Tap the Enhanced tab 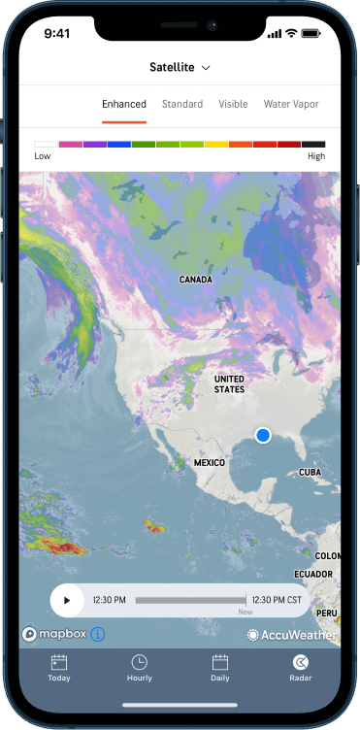pyautogui.click(x=124, y=104)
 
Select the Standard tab pyautogui.click(x=182, y=104)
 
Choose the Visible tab pyautogui.click(x=233, y=104)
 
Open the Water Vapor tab pyautogui.click(x=291, y=104)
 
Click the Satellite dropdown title pyautogui.click(x=180, y=67)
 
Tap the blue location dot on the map pyautogui.click(x=263, y=435)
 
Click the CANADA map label pyautogui.click(x=196, y=280)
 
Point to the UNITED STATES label pyautogui.click(x=229, y=383)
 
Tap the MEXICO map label pyautogui.click(x=209, y=463)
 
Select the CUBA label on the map pyautogui.click(x=310, y=472)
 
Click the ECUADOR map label pyautogui.click(x=313, y=575)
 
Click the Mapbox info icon pyautogui.click(x=98, y=634)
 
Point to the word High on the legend pyautogui.click(x=316, y=156)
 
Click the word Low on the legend pyautogui.click(x=43, y=156)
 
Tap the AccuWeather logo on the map pyautogui.click(x=292, y=635)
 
